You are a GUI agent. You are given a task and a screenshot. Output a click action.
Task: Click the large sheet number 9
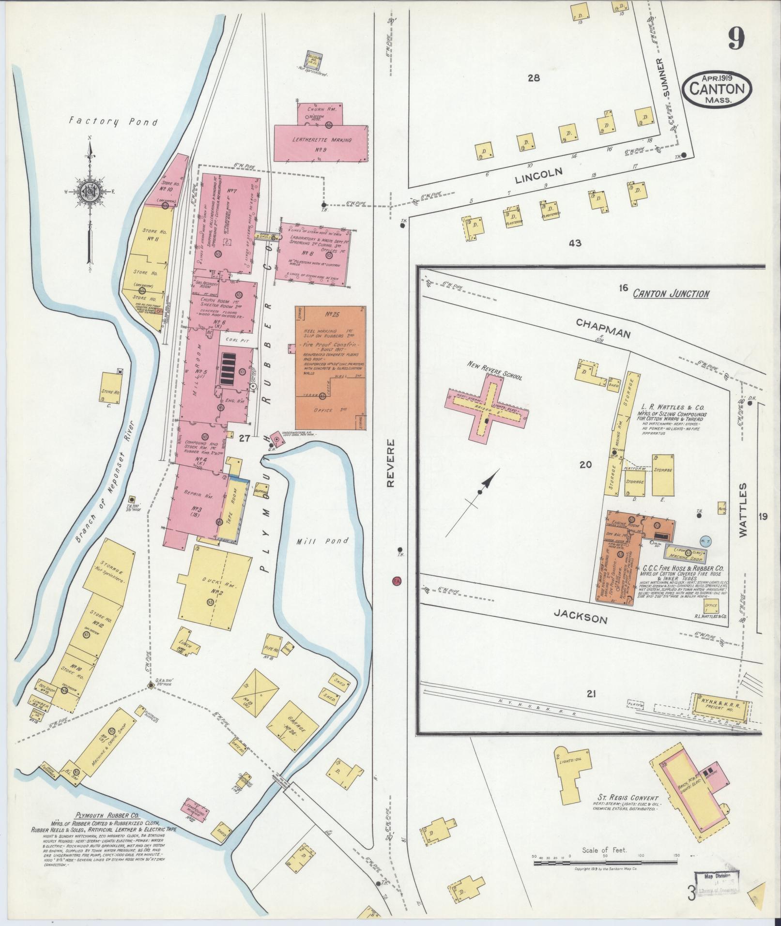click(735, 38)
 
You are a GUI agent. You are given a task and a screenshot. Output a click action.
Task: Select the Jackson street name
click(580, 616)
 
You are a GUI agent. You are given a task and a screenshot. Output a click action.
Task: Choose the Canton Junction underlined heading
click(671, 293)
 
